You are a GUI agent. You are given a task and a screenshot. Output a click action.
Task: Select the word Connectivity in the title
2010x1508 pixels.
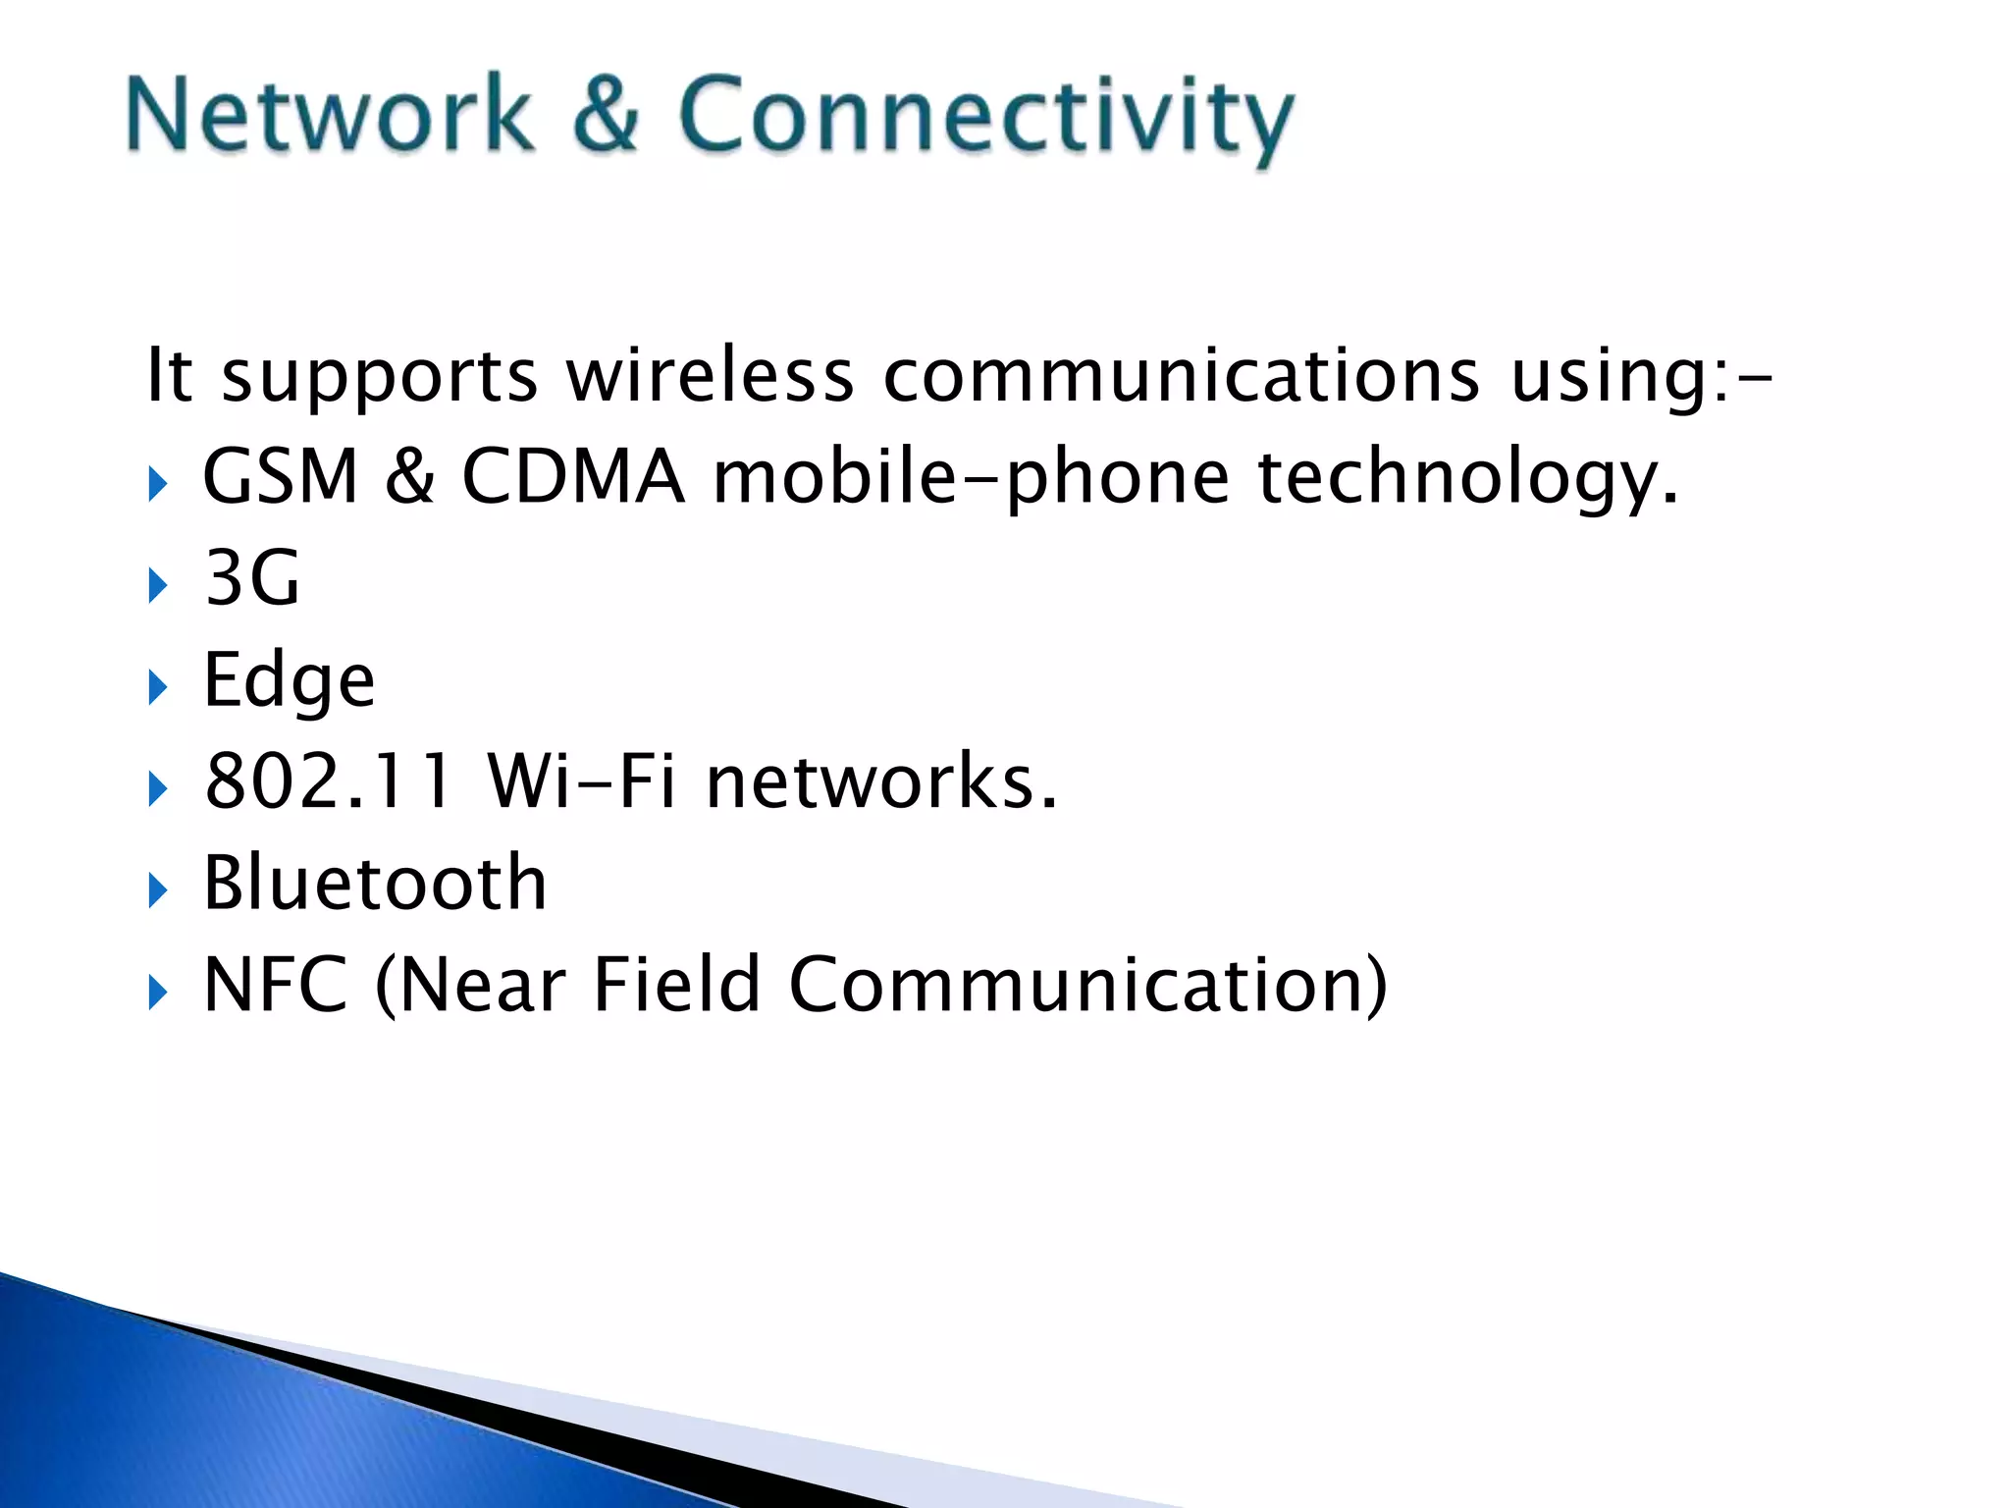[x=985, y=118]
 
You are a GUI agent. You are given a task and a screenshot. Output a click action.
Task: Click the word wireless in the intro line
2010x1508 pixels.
[x=710, y=375]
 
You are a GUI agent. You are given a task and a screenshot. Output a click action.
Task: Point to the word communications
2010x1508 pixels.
[x=1181, y=375]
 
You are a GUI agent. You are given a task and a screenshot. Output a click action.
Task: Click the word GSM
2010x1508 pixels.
[x=281, y=476]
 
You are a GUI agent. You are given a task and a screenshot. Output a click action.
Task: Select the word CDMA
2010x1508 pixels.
[x=572, y=476]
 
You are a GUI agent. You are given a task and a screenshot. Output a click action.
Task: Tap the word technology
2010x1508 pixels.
[x=1468, y=479]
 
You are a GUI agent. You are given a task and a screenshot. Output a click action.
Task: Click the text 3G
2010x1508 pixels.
[x=251, y=578]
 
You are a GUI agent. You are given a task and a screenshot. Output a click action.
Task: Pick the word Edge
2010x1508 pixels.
[x=289, y=681]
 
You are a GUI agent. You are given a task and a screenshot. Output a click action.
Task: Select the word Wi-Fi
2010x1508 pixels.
[x=582, y=781]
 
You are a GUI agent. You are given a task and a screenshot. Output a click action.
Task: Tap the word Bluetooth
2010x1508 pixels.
[x=375, y=883]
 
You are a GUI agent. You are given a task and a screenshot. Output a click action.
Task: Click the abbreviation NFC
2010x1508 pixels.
[x=275, y=985]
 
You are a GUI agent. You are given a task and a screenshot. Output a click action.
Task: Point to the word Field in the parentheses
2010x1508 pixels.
[x=676, y=985]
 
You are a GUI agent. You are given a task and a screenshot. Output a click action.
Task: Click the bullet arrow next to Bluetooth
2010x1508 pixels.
[x=157, y=890]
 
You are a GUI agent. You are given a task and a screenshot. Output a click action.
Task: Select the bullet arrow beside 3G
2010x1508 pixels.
[x=157, y=586]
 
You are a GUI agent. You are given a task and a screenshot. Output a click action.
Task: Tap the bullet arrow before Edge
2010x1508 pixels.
[x=157, y=687]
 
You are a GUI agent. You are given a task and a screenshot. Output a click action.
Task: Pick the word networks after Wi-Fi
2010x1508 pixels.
[x=881, y=781]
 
